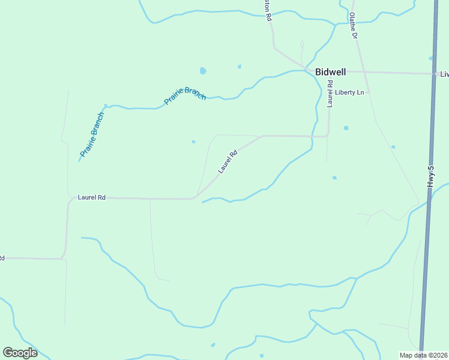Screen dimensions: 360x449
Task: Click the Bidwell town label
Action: (330, 72)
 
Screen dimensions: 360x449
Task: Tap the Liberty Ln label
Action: (350, 92)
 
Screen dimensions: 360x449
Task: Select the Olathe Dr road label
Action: (354, 26)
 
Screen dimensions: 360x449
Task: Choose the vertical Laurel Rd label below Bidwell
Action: (330, 94)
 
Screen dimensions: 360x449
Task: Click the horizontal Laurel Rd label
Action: (92, 197)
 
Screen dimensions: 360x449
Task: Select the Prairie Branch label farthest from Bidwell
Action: (92, 134)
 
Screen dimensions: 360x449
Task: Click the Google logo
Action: (20, 353)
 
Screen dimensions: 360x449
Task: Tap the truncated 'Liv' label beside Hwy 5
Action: (444, 74)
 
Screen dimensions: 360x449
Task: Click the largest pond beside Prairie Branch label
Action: (203, 71)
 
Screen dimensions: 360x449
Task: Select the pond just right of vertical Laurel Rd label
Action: (346, 128)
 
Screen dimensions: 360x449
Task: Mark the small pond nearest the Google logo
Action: (212, 344)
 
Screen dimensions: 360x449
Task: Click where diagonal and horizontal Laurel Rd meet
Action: (194, 197)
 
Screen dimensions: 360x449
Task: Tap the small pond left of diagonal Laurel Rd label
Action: (193, 142)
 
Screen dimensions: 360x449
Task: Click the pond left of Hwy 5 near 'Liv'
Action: (431, 58)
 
